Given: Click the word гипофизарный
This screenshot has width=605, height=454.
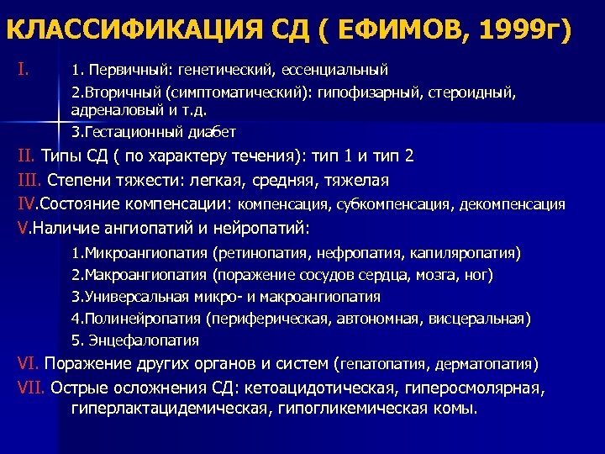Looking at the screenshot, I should [x=374, y=89].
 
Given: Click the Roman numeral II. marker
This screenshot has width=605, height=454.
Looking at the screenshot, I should [x=27, y=156].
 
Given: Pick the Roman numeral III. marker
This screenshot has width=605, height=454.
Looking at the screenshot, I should [x=30, y=180].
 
